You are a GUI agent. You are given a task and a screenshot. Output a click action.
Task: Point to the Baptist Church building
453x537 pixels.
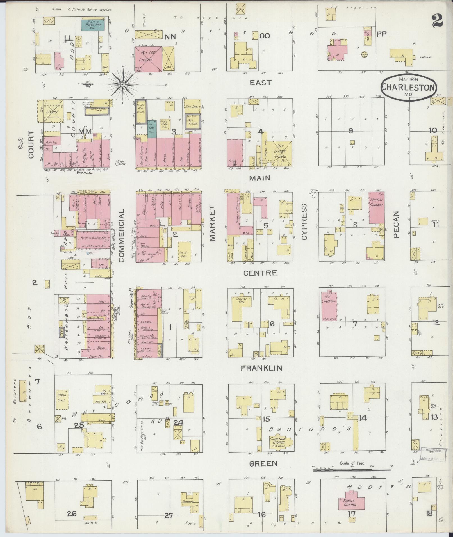coord(376,208)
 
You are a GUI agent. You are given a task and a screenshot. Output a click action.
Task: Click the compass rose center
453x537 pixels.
coord(123,84)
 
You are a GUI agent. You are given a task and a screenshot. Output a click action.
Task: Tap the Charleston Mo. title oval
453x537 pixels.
coord(409,88)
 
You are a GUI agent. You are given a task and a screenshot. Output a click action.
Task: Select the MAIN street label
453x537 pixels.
coord(260,178)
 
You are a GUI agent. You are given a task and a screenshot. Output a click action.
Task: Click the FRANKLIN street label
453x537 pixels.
coord(261,368)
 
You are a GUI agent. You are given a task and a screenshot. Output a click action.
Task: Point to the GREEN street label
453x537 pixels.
coord(263,463)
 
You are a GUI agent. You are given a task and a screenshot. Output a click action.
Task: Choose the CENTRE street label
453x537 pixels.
coord(260,273)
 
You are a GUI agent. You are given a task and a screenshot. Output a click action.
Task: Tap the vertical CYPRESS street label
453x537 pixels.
coord(305,222)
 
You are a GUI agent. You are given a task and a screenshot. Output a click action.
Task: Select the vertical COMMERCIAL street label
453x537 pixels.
coord(121,236)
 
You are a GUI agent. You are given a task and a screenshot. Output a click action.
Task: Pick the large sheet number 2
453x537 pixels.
coord(437,21)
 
